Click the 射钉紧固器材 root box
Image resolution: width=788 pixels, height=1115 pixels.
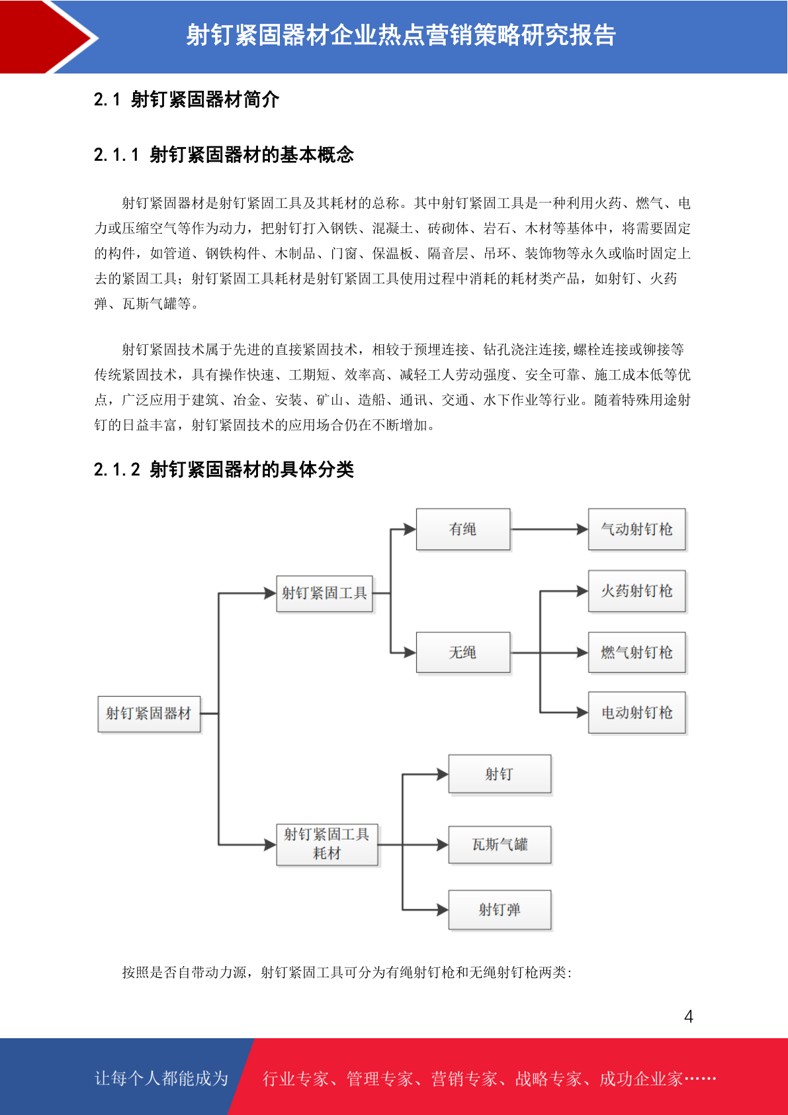[149, 714]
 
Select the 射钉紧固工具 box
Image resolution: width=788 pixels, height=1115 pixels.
[324, 593]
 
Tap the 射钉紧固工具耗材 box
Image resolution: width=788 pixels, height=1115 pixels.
[327, 844]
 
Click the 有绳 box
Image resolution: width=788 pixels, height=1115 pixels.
[462, 529]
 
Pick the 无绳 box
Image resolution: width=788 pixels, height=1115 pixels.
[462, 653]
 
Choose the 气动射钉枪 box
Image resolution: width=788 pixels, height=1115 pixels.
[636, 529]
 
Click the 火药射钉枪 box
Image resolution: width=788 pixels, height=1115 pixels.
[636, 591]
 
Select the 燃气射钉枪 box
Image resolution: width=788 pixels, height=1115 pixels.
[636, 653]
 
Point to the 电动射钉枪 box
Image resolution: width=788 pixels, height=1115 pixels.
[636, 712]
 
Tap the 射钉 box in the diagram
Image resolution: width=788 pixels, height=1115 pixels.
[500, 774]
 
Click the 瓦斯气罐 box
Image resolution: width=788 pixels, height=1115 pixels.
[500, 844]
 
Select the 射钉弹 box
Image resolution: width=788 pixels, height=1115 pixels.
[500, 910]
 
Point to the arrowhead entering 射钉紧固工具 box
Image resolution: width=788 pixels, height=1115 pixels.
[270, 593]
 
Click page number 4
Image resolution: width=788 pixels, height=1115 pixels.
[688, 1016]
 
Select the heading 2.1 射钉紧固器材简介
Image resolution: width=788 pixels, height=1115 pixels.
[187, 100]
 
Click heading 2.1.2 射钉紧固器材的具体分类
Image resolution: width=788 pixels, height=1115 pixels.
[224, 469]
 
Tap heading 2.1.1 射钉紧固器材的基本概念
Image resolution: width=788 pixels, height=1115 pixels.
[224, 155]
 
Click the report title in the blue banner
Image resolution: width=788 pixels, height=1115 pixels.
[400, 35]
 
